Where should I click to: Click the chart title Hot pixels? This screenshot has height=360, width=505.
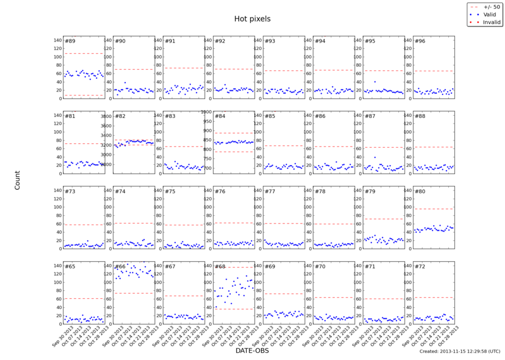[252, 19]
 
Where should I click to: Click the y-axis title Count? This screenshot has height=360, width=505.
[17, 180]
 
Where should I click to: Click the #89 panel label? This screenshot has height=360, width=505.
[70, 42]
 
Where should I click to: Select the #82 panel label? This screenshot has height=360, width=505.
[120, 116]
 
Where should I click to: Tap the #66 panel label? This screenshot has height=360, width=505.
[120, 266]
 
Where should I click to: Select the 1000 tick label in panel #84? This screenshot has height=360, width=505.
[205, 112]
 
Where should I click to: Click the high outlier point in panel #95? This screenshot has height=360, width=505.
[375, 81]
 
